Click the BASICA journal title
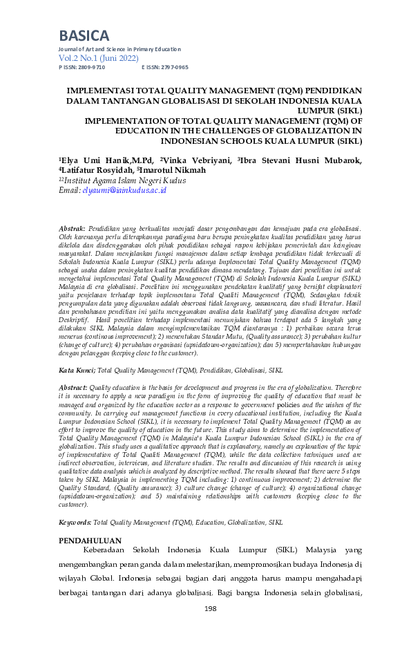point(84,35)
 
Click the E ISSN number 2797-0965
point(173,68)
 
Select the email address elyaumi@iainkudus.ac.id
point(124,190)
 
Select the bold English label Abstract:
point(73,389)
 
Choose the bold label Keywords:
point(75,523)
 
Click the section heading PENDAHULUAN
point(90,541)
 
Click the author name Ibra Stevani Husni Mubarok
point(300,160)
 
